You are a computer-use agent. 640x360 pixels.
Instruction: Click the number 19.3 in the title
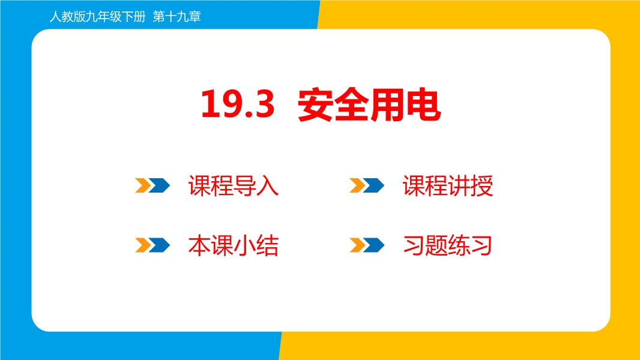coord(238,104)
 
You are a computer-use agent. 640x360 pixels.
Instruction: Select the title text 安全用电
coord(369,105)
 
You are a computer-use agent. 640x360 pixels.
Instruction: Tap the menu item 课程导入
coord(234,186)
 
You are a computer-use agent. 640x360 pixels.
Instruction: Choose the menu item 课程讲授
coord(448,186)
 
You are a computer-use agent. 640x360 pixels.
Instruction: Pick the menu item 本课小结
coord(234,245)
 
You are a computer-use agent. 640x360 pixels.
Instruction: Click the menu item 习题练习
coord(447,245)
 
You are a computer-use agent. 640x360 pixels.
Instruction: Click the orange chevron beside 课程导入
coord(143,185)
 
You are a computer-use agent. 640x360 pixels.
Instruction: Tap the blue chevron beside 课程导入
coord(160,185)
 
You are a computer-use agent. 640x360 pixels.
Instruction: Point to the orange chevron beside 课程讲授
coord(357,185)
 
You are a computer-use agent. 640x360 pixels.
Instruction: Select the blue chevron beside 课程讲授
coord(374,185)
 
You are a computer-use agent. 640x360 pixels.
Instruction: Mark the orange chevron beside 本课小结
coord(143,245)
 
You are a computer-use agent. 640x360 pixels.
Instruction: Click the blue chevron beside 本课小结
coord(160,245)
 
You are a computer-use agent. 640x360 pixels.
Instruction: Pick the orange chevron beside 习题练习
coord(357,245)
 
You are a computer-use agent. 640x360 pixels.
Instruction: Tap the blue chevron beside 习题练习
coord(374,245)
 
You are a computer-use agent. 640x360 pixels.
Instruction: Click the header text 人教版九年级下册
coord(97,17)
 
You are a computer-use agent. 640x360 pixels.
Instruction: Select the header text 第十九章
coord(177,17)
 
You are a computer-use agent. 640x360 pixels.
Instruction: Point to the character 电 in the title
coord(423,105)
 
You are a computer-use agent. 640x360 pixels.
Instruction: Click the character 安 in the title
coord(315,105)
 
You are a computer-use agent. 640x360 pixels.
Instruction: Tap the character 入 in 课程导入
coord(268,186)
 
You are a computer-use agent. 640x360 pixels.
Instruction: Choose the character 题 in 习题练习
coord(436,245)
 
